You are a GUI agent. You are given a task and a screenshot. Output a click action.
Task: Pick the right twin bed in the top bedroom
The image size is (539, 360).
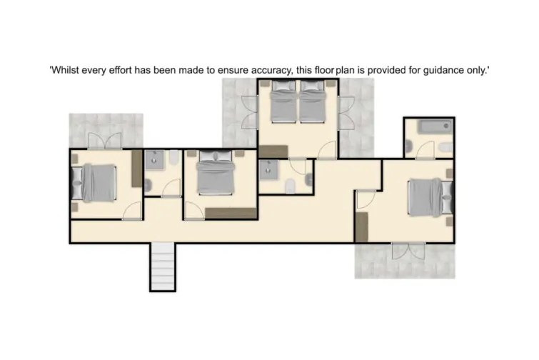(x=312, y=102)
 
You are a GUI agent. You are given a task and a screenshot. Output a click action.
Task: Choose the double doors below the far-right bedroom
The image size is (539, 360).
(x=408, y=251)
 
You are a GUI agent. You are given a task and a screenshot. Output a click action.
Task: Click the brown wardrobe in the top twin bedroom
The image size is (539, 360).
(x=272, y=151)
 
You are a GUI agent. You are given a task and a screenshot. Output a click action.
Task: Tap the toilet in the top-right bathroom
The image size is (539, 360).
(x=443, y=149)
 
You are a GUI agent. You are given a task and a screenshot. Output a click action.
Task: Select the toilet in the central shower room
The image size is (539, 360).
(x=290, y=186)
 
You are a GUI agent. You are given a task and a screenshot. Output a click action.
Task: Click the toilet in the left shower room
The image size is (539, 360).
(x=174, y=159)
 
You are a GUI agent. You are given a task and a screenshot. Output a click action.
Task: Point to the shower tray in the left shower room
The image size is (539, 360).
(x=155, y=161)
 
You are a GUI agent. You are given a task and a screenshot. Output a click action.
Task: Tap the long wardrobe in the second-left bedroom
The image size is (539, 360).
(x=230, y=213)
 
